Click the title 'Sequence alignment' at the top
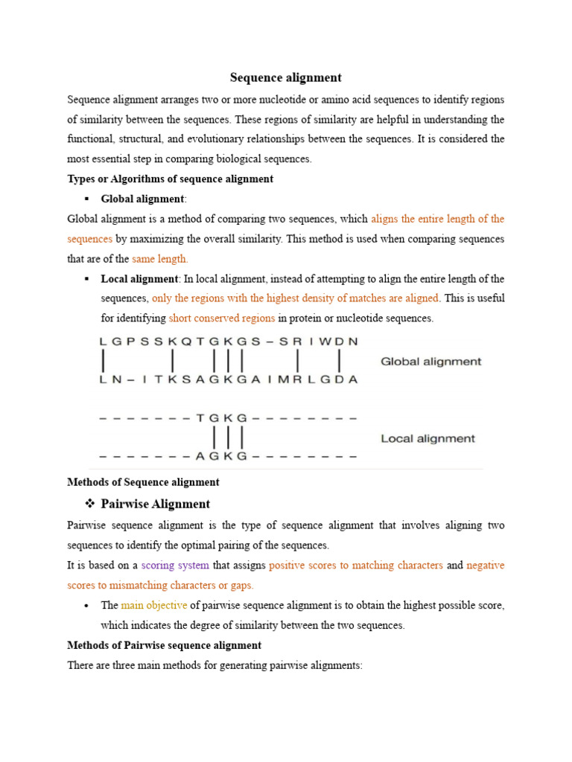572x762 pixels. pyautogui.click(x=285, y=77)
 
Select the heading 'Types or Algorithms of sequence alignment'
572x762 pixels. pyautogui.click(x=170, y=179)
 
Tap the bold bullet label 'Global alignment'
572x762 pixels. pyautogui.click(x=142, y=199)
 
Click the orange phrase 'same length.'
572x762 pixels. pyautogui.click(x=160, y=259)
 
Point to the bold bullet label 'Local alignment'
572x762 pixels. pyautogui.click(x=139, y=279)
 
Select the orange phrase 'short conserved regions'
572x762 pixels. pyautogui.click(x=222, y=318)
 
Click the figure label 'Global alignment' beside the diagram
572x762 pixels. pyautogui.click(x=430, y=362)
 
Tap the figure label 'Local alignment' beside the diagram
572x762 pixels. pyautogui.click(x=428, y=438)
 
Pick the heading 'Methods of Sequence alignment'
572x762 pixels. pyautogui.click(x=143, y=482)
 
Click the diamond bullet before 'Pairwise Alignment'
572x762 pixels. pyautogui.click(x=89, y=504)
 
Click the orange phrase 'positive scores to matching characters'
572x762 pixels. pyautogui.click(x=355, y=566)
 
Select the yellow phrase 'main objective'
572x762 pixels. pyautogui.click(x=154, y=606)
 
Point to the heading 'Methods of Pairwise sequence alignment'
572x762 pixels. pyautogui.click(x=164, y=645)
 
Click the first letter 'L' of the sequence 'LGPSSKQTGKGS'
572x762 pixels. pyautogui.click(x=102, y=342)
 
